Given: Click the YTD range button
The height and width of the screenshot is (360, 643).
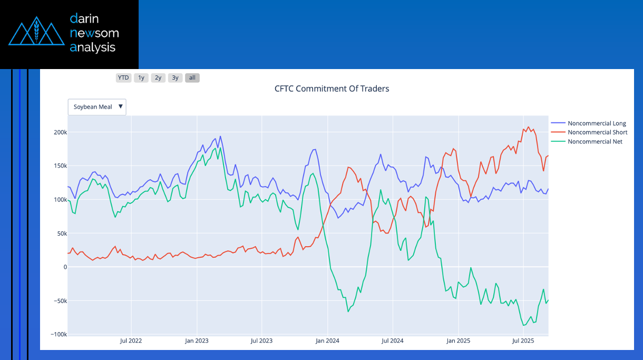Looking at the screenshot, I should pos(123,78).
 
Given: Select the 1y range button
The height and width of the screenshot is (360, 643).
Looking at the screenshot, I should pos(141,78).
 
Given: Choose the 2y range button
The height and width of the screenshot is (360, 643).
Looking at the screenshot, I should pos(158,78).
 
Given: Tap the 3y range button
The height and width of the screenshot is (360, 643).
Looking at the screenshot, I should pos(175,78).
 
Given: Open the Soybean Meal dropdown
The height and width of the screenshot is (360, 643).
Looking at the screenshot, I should pos(97,107).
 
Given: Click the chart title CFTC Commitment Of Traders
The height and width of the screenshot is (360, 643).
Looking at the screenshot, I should pos(332,89).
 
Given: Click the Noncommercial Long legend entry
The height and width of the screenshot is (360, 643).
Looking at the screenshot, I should pos(596,123).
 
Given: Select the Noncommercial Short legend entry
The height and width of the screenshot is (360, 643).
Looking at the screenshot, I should pos(597,132).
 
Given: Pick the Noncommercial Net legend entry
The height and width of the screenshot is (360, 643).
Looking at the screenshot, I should pos(595,141).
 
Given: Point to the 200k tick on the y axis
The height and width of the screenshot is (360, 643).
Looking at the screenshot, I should pos(59,132).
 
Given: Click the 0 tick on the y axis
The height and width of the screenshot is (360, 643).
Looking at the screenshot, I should pos(65,267).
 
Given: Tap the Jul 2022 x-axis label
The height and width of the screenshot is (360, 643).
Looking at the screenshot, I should pos(131,341).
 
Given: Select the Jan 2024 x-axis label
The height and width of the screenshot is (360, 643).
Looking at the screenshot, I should pos(327,341).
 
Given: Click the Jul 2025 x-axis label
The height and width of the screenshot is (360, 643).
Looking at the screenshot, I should pos(523,341).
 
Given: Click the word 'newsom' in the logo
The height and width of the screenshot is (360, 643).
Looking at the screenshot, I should pos(94,33).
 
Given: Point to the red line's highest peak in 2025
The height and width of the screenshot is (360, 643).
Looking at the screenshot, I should pos(529,127).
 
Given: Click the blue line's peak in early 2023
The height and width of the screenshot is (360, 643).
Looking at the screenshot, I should pos(220,137).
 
